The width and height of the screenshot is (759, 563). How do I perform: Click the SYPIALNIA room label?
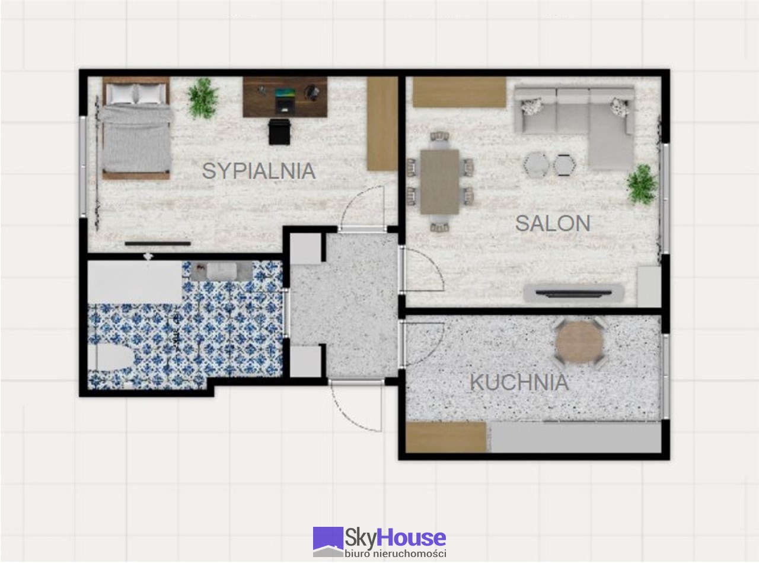click(x=259, y=171)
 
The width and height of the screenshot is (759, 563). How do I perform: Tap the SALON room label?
click(x=553, y=223)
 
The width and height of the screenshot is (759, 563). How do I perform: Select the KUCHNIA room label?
click(x=519, y=383)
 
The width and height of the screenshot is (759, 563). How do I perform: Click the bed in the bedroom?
click(x=136, y=128)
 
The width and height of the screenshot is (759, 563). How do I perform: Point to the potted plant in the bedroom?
click(x=203, y=98)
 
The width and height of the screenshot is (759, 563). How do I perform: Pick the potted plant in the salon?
click(x=642, y=185)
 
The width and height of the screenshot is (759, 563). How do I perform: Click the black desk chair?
click(x=279, y=132)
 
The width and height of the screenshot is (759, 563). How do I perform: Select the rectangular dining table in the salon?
click(x=440, y=182)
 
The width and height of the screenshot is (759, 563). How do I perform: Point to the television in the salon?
click(x=573, y=293)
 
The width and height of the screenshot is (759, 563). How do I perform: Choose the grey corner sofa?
click(x=574, y=127)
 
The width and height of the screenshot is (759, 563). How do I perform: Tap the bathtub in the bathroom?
click(x=135, y=281)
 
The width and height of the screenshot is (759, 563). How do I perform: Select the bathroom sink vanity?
click(x=221, y=271)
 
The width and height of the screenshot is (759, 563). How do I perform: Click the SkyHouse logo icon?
click(x=328, y=542)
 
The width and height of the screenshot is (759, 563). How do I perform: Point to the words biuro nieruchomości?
click(x=396, y=554)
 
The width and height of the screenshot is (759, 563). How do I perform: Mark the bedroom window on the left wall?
click(x=83, y=167)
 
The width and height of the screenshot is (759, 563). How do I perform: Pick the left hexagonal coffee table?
click(x=537, y=165)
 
